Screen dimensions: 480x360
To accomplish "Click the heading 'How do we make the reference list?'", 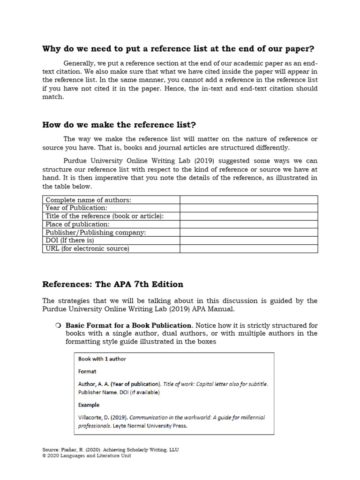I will (119, 125).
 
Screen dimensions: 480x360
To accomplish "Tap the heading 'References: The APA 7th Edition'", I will (112, 284).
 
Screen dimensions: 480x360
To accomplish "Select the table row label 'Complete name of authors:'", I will (88, 200).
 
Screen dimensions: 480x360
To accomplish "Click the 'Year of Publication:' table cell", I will (76, 208).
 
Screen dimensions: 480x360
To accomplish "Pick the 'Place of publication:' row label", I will (77, 224).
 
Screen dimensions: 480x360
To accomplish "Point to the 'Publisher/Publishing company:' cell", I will (96, 232).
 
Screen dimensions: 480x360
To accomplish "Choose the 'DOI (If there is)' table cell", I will (70, 240).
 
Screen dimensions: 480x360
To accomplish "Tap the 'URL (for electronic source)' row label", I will (87, 248).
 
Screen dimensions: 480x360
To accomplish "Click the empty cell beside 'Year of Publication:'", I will (248, 208).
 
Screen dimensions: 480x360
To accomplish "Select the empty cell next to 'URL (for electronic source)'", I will (248, 248).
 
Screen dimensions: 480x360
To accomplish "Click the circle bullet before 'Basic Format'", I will (58, 325).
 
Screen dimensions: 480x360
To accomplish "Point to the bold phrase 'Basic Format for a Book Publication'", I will (128, 325).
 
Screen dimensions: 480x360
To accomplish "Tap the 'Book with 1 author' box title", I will (102, 359).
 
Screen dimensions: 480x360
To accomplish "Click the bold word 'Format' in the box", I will (87, 371).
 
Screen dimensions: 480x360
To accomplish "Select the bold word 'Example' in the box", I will (89, 405).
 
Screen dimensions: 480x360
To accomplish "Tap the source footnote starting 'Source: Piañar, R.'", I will (110, 450).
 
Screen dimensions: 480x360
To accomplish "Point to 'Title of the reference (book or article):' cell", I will (105, 216).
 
